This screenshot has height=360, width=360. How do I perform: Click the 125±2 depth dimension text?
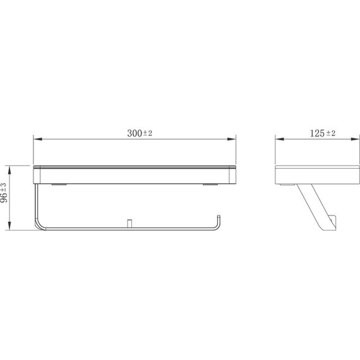point(323,133)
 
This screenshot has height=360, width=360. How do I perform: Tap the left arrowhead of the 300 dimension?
point(37,140)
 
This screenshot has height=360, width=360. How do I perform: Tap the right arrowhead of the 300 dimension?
point(232,140)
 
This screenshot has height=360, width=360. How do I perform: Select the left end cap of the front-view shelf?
point(35,175)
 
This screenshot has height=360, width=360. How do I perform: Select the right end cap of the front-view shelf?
point(233,175)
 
